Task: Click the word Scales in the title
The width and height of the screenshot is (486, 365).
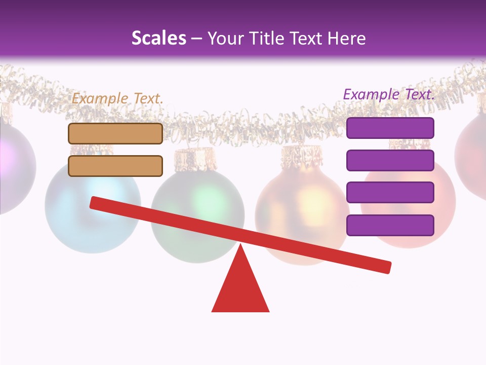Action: click(x=159, y=39)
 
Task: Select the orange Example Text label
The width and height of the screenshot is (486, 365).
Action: click(x=117, y=98)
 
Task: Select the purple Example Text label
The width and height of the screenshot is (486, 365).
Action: click(x=389, y=94)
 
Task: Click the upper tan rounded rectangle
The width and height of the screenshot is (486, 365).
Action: click(x=115, y=133)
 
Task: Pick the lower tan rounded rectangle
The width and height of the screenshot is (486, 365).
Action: click(x=115, y=166)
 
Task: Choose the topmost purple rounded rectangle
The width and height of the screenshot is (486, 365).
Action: click(x=390, y=128)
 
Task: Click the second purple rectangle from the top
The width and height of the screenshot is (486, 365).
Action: click(x=390, y=160)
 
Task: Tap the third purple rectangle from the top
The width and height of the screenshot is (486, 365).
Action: click(x=390, y=192)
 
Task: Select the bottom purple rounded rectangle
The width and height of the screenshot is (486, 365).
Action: click(x=390, y=225)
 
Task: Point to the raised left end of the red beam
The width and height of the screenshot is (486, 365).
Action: click(x=96, y=203)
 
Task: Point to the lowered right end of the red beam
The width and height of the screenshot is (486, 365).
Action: click(x=385, y=267)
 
